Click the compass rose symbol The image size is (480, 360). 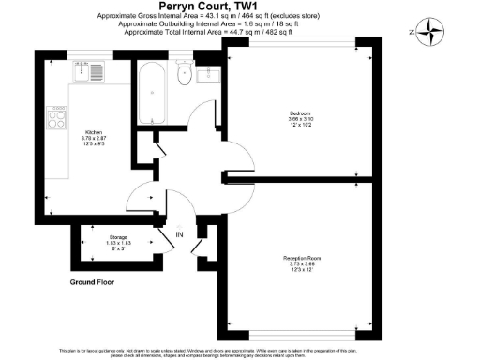(428, 32)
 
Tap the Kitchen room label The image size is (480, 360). (94, 132)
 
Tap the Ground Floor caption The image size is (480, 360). (97, 281)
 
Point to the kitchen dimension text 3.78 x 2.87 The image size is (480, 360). (94, 138)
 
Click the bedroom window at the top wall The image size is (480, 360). (292, 39)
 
